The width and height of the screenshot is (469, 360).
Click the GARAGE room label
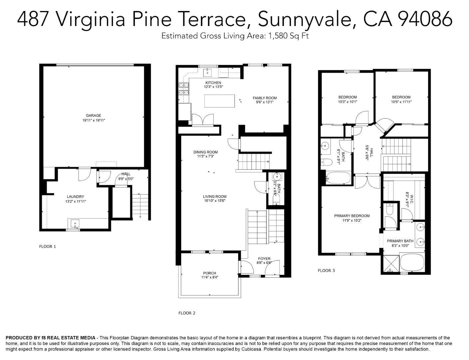tap(94, 116)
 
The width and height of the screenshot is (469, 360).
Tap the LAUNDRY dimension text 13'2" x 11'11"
tap(76, 201)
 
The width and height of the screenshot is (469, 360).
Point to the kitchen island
tap(220, 101)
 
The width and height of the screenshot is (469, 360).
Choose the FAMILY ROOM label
tap(264, 98)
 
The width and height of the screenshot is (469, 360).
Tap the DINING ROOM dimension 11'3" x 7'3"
tap(206, 156)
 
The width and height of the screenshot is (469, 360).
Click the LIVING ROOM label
tap(215, 197)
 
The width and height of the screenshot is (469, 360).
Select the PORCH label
tap(210, 273)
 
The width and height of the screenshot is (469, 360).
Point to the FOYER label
tap(264, 259)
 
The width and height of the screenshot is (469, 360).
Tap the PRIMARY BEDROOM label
tap(352, 216)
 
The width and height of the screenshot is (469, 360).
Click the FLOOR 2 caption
tap(187, 313)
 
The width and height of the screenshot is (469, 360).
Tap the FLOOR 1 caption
tap(48, 247)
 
